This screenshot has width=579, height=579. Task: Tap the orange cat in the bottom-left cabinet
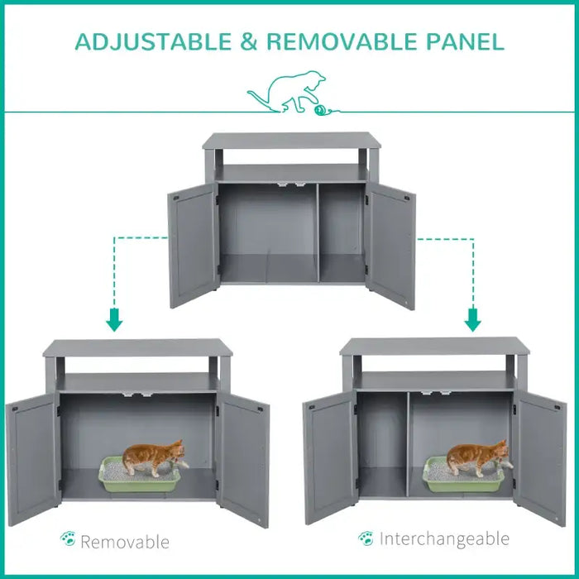click(x=152, y=457)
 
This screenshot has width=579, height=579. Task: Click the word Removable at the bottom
click(x=124, y=542)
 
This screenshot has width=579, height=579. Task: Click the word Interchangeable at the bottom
click(x=444, y=539)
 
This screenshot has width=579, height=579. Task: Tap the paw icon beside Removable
click(x=68, y=540)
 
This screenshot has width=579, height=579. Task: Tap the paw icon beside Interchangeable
click(x=366, y=538)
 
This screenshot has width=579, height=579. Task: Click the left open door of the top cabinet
click(x=192, y=246)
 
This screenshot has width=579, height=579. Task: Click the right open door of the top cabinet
click(x=391, y=246)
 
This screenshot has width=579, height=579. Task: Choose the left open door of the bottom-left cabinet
click(x=32, y=459)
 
